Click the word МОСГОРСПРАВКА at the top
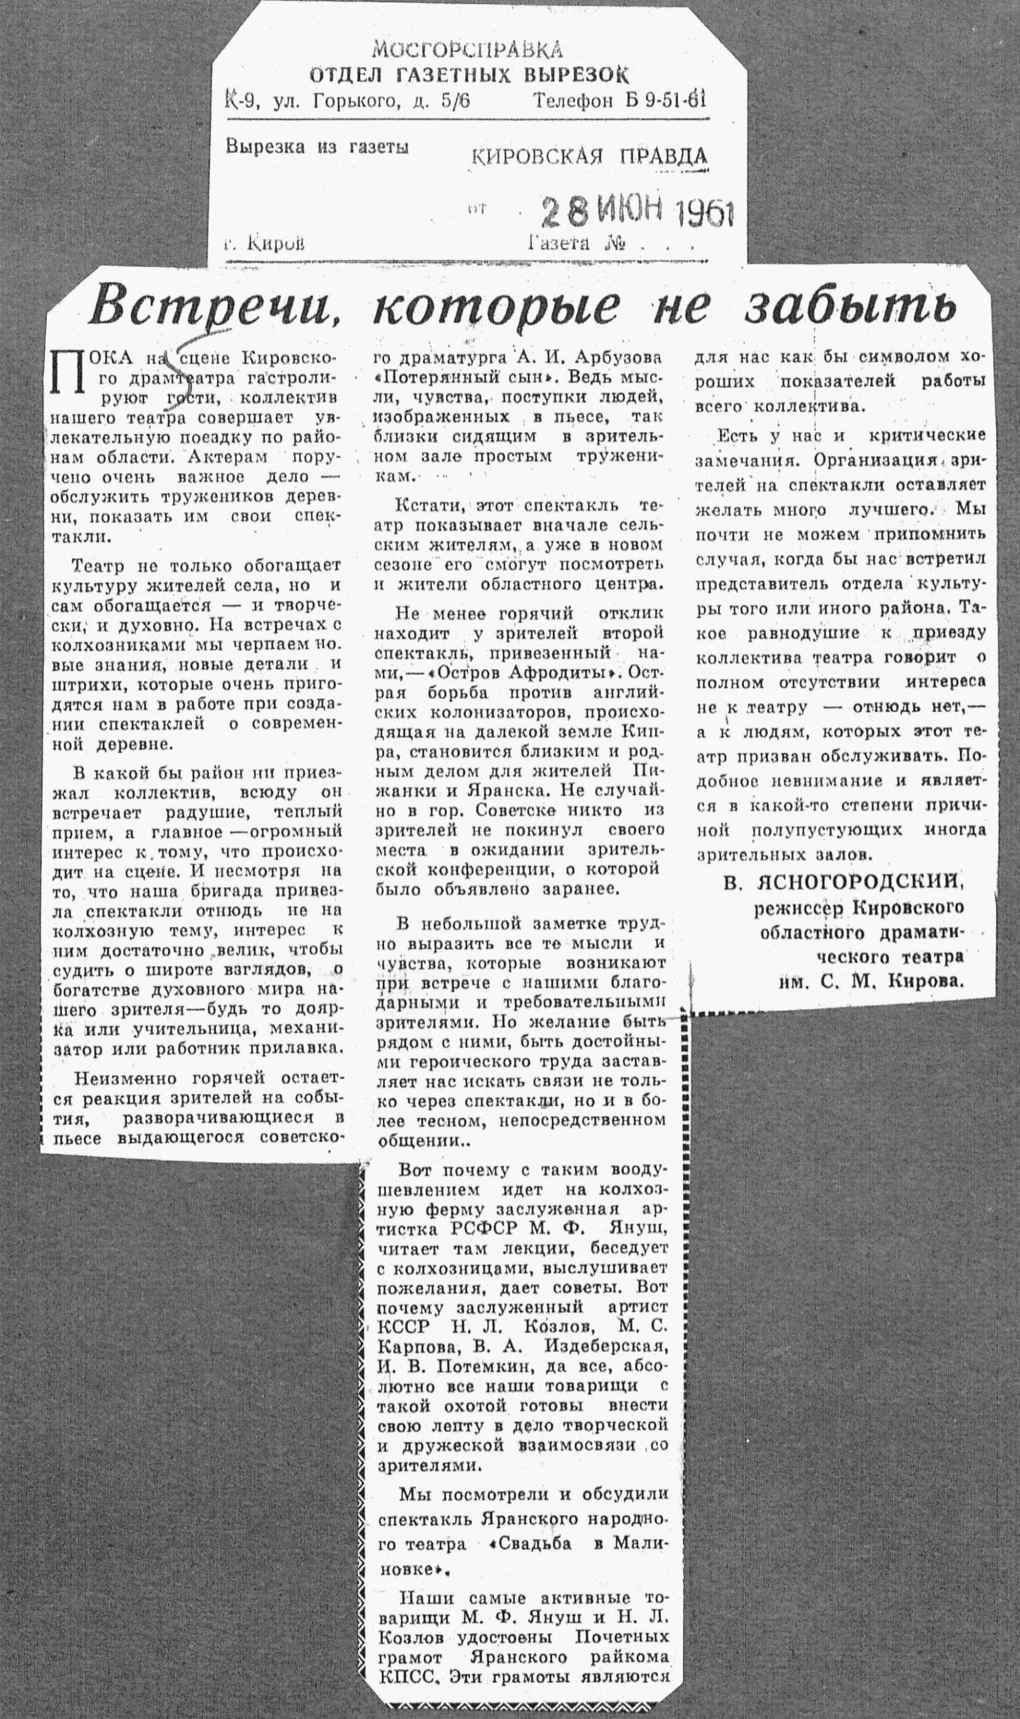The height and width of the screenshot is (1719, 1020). [466, 50]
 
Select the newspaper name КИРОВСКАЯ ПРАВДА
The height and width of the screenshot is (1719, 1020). [589, 157]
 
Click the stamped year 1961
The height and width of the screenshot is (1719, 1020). [705, 214]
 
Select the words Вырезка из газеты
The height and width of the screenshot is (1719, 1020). [316, 147]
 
